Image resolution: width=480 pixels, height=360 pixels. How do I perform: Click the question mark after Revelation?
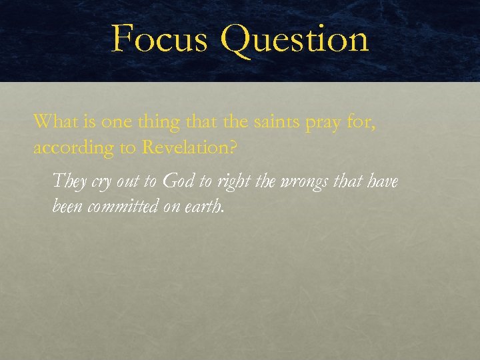[x=233, y=147]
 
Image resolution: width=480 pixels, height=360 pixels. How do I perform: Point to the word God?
[x=179, y=181]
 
